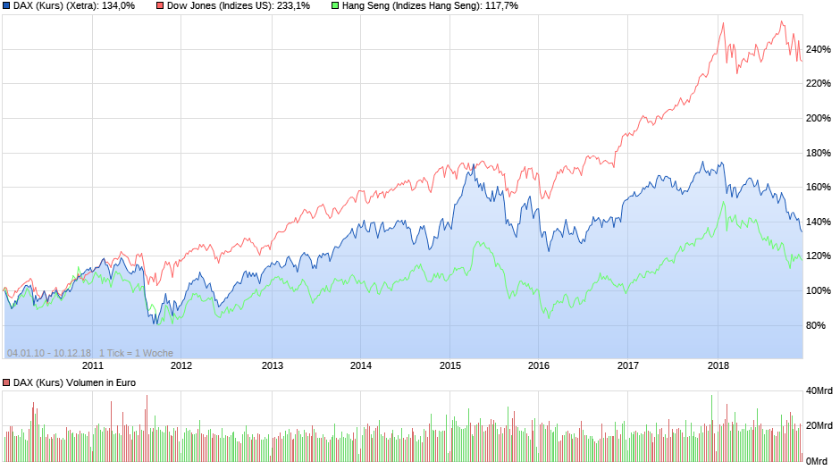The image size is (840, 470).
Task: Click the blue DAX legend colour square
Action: (x=7, y=6)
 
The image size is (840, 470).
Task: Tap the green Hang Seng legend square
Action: (x=335, y=6)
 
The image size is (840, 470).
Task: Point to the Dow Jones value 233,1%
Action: (x=291, y=6)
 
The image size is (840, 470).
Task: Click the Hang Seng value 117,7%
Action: (x=499, y=6)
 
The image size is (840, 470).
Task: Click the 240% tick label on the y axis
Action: (x=818, y=49)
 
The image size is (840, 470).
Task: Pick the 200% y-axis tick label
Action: (x=818, y=119)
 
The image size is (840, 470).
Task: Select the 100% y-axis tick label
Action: (x=818, y=291)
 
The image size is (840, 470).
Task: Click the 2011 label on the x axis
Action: (x=93, y=365)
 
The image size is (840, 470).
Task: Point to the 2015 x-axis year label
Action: (x=449, y=365)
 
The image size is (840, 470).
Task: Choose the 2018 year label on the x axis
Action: (x=718, y=365)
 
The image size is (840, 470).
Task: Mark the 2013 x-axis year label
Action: (x=272, y=365)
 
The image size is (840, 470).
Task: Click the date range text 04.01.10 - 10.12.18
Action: (x=48, y=353)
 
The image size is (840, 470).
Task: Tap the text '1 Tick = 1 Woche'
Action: (x=136, y=353)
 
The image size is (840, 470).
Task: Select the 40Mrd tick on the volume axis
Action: (x=819, y=390)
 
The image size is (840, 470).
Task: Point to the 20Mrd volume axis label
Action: (x=819, y=426)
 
